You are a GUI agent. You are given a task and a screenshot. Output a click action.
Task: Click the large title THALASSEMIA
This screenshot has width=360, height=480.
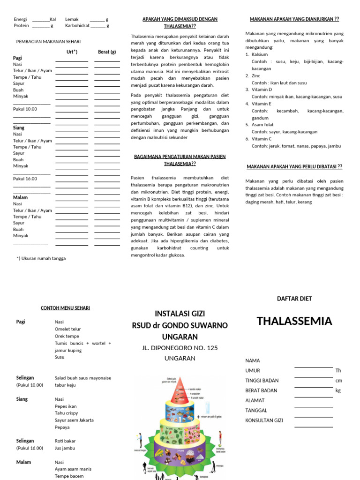pyautogui.click(x=294, y=321)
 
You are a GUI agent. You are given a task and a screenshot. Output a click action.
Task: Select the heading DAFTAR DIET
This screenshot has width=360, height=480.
pyautogui.click(x=294, y=299)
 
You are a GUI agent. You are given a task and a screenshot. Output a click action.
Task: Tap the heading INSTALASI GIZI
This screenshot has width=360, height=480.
pyautogui.click(x=180, y=314)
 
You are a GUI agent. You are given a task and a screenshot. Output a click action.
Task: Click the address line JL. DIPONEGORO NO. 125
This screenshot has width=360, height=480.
pyautogui.click(x=180, y=348)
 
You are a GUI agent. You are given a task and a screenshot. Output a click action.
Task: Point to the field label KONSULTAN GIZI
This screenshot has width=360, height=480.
pyautogui.click(x=264, y=420)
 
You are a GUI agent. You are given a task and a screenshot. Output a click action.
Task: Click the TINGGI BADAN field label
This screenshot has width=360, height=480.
pyautogui.click(x=262, y=381)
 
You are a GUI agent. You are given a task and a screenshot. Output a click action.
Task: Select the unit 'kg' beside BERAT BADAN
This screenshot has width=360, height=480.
pyautogui.click(x=338, y=390)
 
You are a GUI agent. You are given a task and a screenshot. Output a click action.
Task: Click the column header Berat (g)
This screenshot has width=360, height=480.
pyautogui.click(x=107, y=52)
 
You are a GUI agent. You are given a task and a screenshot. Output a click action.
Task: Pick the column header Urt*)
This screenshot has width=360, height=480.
pyautogui.click(x=72, y=52)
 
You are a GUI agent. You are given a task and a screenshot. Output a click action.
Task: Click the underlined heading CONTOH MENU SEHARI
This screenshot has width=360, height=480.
pyautogui.click(x=65, y=308)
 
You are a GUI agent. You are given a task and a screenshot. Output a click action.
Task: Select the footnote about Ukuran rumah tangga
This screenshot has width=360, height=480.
pyautogui.click(x=41, y=258)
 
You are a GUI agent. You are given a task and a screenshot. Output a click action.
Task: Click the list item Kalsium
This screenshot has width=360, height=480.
pyautogui.click(x=260, y=54)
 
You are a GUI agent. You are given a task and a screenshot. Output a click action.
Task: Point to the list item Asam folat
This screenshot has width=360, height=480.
pyautogui.click(x=263, y=125)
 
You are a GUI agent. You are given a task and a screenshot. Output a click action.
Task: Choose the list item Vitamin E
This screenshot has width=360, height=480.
pyautogui.click(x=262, y=104)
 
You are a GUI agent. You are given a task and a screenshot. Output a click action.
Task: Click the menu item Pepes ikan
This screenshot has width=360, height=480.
pyautogui.click(x=66, y=406)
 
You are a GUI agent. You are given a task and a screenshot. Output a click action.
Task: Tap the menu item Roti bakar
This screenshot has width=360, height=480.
pyautogui.click(x=65, y=441)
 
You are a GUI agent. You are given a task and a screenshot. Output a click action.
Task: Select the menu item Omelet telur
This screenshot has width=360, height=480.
pyautogui.click(x=68, y=329)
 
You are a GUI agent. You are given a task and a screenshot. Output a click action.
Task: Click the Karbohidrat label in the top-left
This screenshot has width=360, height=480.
pyautogui.click(x=77, y=26)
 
